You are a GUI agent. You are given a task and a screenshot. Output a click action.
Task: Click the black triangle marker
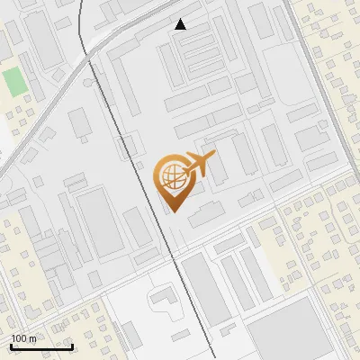coord(181,24)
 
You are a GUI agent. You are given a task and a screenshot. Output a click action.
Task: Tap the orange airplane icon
coord(199,165)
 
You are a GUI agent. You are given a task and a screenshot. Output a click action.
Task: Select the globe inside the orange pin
coord(172,176)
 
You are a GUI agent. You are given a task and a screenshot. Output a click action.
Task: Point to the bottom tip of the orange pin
coord(173,211)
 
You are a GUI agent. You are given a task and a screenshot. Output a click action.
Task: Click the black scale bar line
coord(41,346)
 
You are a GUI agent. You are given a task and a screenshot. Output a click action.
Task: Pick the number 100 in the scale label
coord(19,338)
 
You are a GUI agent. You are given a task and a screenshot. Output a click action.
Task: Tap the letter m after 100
coord(31,338)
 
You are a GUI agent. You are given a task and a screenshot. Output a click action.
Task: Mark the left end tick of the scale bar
coord(11,345)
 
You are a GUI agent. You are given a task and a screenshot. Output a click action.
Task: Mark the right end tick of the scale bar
coord(72,345)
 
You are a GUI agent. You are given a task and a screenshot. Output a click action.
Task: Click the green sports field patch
coord(14,82)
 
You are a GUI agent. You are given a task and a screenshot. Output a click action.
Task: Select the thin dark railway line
coord(135,153)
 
